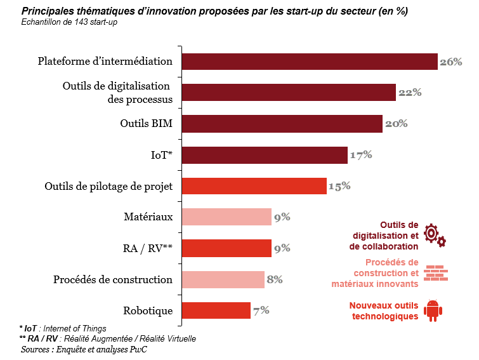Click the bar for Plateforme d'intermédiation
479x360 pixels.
tap(310, 62)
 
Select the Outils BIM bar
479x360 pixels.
tap(282, 124)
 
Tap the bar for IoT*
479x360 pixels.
tap(265, 155)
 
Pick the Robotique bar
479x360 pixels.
tap(216, 310)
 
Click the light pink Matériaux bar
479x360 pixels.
tap(226, 217)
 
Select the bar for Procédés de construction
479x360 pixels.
tap(223, 279)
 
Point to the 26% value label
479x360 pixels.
tap(450, 62)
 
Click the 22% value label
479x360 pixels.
tap(410, 93)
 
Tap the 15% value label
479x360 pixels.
tap(339, 186)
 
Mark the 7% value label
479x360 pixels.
tap(261, 310)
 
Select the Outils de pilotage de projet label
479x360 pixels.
tap(108, 186)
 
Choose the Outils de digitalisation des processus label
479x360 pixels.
tap(117, 93)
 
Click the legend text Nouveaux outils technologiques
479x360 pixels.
tap(383, 310)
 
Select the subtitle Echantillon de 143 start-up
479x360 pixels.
tap(69, 23)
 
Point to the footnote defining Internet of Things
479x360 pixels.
tap(63, 329)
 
